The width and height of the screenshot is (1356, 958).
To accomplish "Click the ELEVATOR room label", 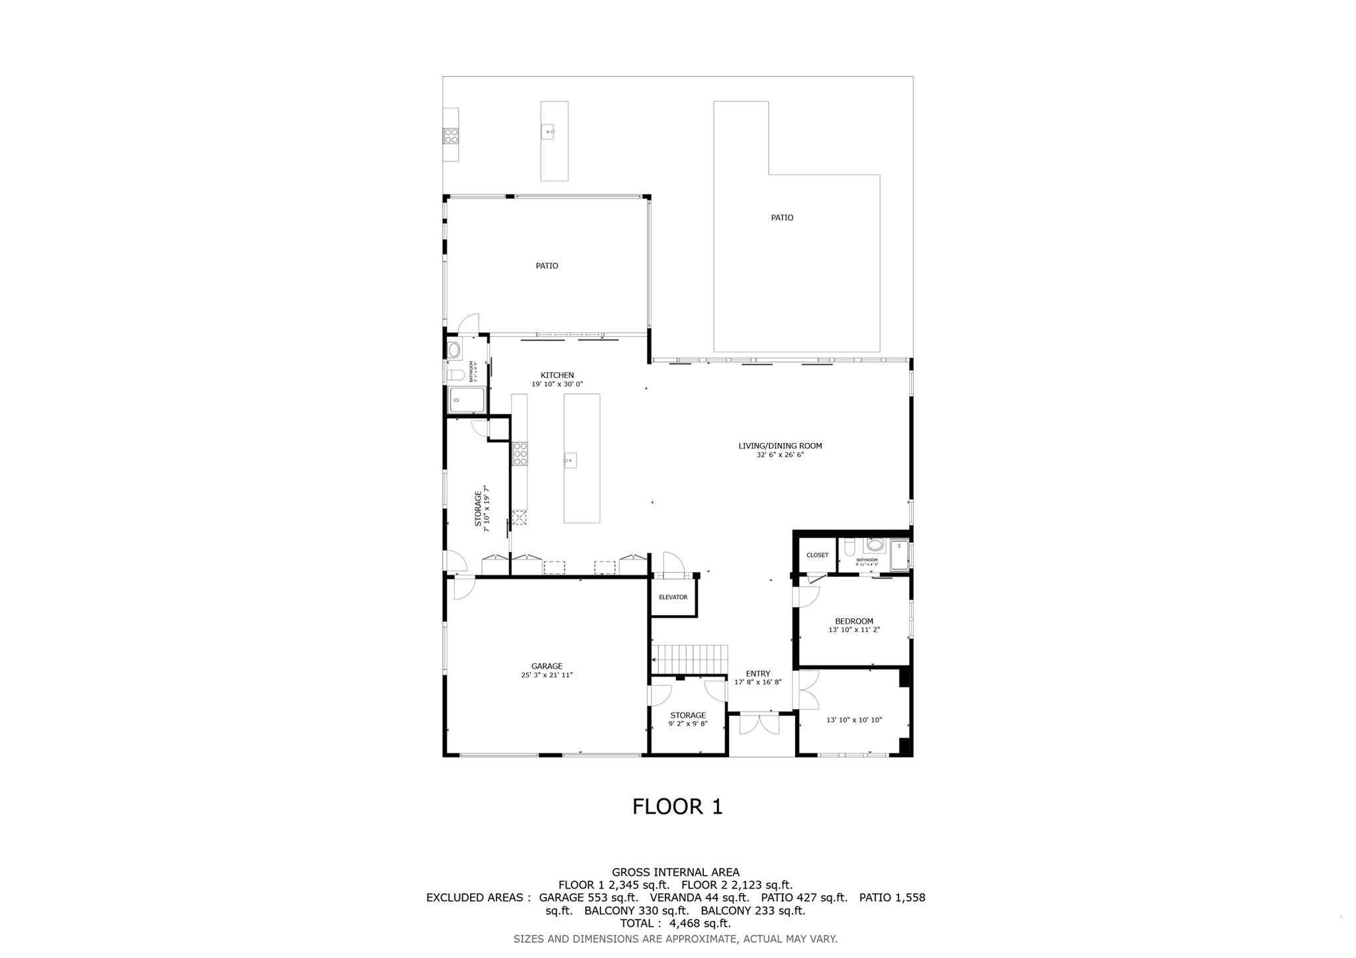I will coord(673,597).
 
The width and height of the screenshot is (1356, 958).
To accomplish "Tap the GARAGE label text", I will coord(546,666).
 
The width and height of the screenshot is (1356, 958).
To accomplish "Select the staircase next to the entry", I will coord(691,659).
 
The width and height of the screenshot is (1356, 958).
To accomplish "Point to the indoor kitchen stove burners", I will coord(520,454).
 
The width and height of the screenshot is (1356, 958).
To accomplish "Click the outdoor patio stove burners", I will coord(451,136).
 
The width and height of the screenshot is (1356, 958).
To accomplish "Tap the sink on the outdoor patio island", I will coord(549,132).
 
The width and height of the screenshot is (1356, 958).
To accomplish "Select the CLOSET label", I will coord(817,555).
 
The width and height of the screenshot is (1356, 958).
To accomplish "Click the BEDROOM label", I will coord(853,621).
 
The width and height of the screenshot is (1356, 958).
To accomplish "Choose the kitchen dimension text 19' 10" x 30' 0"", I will coord(557,384).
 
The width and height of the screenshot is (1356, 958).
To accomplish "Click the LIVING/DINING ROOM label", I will coord(780,446).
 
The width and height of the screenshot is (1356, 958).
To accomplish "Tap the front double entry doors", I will coord(759,724).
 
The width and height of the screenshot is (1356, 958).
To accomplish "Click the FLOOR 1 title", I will coord(677,806).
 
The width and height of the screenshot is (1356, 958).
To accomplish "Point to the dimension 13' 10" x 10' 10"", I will coord(853,720).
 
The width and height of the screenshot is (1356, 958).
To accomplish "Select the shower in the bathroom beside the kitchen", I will coord(467,400).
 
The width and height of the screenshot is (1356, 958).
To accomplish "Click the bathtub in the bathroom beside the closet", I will coord(899,555).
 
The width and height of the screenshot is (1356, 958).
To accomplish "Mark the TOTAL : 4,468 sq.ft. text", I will coord(675,924).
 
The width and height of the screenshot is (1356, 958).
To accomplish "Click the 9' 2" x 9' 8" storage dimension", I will coord(687,724).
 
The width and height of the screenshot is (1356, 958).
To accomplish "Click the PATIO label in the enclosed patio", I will coord(546,265).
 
